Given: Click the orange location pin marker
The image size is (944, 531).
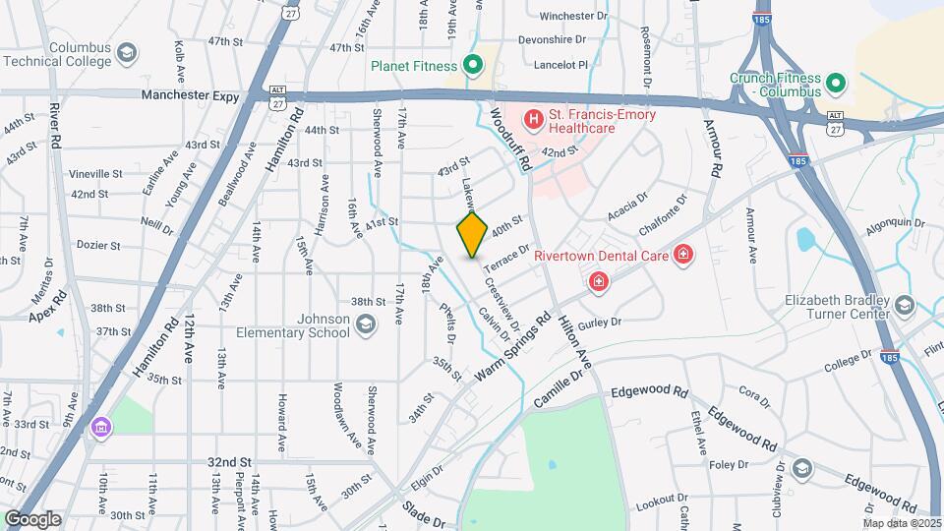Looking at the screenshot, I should (x=473, y=234).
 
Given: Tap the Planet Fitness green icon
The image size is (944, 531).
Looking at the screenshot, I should (x=473, y=66).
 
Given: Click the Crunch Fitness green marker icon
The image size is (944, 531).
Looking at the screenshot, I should (x=836, y=84).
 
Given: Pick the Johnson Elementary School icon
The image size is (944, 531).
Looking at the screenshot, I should (x=366, y=324).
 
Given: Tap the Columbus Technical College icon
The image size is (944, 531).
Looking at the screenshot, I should (x=126, y=53).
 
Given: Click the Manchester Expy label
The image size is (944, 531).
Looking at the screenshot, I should (x=191, y=95).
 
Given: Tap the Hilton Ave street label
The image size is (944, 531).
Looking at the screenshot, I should (x=575, y=345).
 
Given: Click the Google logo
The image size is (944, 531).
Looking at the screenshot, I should (x=32, y=519).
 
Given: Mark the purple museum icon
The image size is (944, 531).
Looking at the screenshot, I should (x=102, y=427).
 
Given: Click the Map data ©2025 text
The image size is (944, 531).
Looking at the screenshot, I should (x=902, y=522).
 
